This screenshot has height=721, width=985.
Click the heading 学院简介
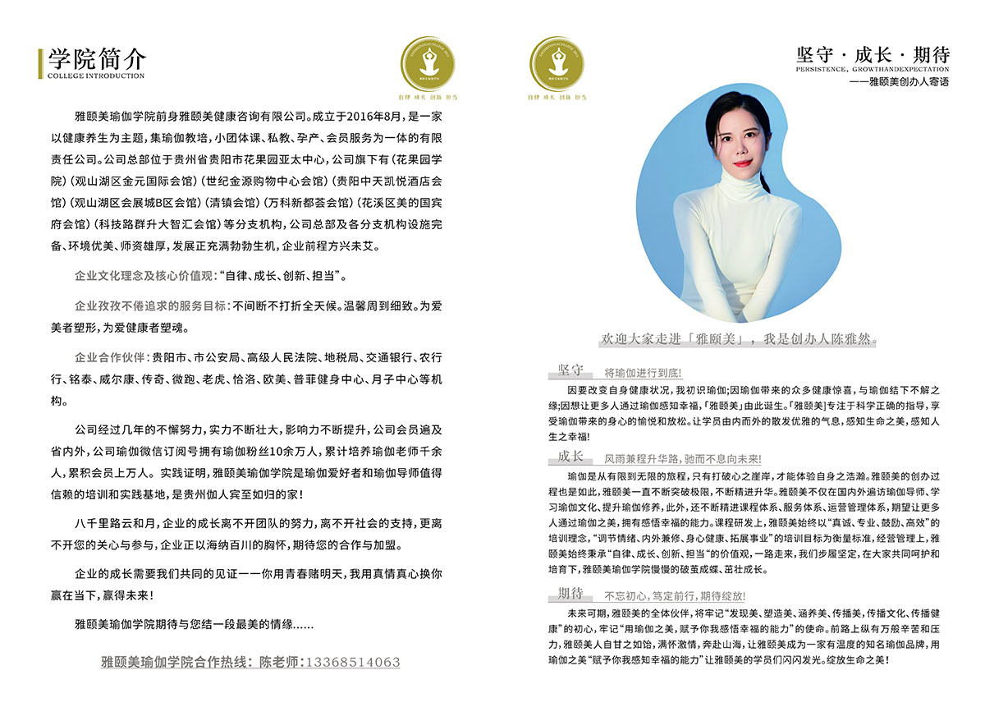[97, 58]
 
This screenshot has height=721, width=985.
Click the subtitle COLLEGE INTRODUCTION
[96, 76]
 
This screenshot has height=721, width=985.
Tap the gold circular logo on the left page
[426, 65]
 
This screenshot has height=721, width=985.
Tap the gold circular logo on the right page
[558, 65]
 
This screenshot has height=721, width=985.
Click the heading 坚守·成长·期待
[873, 55]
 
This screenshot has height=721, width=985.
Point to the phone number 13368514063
[353, 662]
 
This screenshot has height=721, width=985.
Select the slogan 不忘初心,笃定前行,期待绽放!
[675, 595]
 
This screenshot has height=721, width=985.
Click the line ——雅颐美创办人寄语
[900, 82]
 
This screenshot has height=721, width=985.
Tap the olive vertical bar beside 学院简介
[40, 64]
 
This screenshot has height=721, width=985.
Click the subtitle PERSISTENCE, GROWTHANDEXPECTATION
[873, 71]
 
